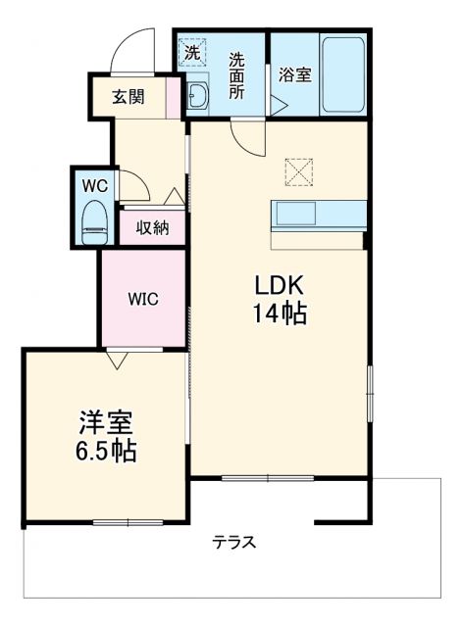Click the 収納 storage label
point(152,228)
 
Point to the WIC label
point(143,299)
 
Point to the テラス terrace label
point(234,543)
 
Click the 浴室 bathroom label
point(294,73)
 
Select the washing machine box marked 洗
point(192,51)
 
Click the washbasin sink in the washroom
point(196,95)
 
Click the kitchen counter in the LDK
point(320,215)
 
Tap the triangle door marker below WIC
point(117,360)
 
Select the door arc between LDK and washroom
point(244,136)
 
